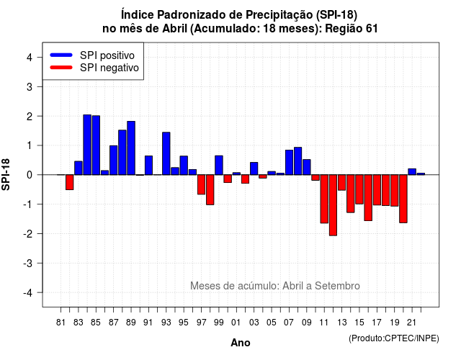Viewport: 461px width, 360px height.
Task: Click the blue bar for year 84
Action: coord(87,145)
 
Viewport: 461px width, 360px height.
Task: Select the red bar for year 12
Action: coord(333,205)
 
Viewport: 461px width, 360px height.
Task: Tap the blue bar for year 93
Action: coord(166,153)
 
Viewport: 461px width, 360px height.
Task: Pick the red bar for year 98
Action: coord(210,190)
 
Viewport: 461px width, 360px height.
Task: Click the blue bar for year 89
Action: coord(131,148)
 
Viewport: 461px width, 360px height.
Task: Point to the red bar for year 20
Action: coord(403,199)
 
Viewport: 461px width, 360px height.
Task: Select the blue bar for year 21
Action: coord(412,171)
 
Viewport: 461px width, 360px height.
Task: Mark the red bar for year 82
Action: coord(70,182)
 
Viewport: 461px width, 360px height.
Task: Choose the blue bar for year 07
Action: coord(289,162)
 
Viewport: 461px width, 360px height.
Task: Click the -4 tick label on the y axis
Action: coord(28,293)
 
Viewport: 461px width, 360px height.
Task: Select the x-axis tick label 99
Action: coord(219,323)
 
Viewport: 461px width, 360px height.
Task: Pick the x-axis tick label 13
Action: coord(341,323)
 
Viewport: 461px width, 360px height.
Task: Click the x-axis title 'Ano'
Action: coord(241,343)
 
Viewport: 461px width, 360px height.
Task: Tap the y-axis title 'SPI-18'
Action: coord(6,174)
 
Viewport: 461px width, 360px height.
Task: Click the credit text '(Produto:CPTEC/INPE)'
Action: coord(394,338)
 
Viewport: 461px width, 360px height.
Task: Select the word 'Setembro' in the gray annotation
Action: coord(337,286)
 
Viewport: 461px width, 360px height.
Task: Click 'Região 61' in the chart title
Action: coord(352,29)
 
